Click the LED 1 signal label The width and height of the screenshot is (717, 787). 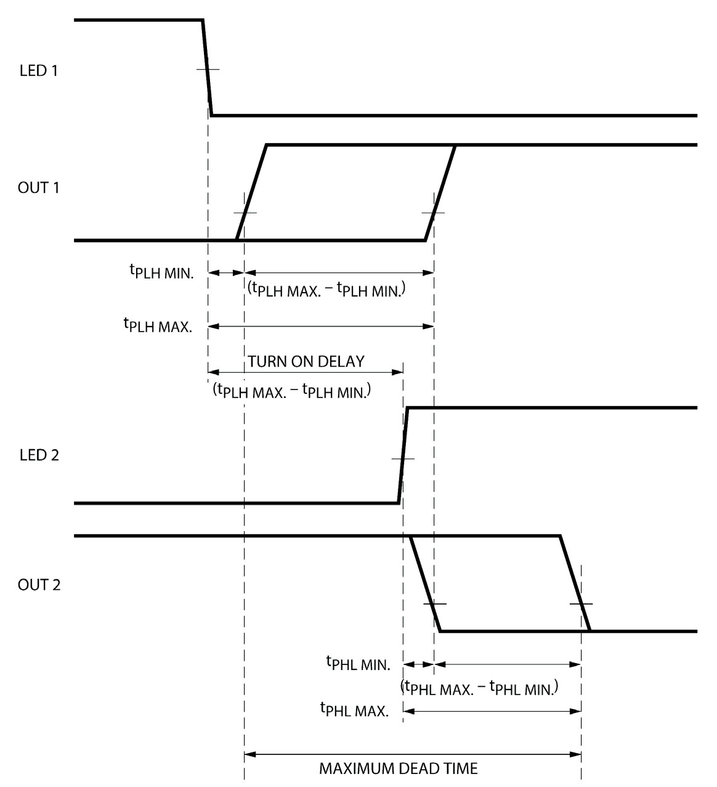[39, 70]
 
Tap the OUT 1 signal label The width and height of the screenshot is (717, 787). [39, 188]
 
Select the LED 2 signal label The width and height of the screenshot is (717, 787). [39, 455]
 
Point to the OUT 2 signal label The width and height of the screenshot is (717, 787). [39, 584]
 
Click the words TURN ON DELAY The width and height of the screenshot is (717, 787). [306, 361]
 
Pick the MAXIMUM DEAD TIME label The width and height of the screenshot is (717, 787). [398, 769]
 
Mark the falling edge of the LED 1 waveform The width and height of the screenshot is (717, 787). [208, 68]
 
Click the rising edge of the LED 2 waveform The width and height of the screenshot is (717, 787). [403, 456]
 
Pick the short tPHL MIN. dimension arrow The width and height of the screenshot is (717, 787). [418, 664]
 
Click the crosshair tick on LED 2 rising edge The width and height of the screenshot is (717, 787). [403, 459]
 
